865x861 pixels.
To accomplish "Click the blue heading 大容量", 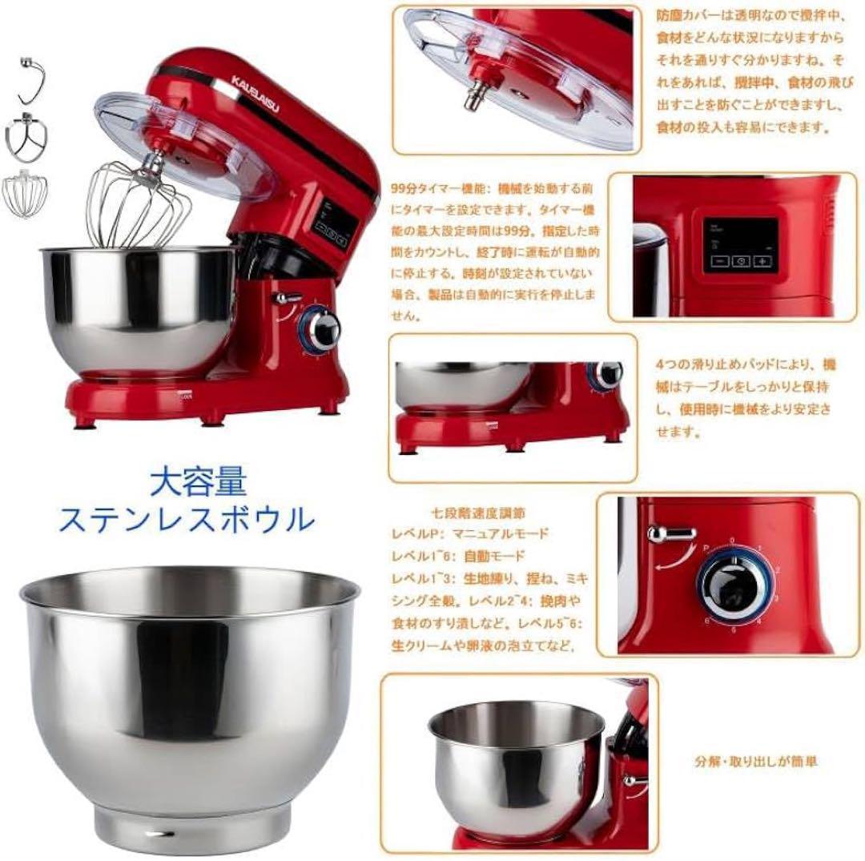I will (198, 482).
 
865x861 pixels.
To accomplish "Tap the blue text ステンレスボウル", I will (187, 520).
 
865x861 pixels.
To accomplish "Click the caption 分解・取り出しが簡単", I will (756, 762).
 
